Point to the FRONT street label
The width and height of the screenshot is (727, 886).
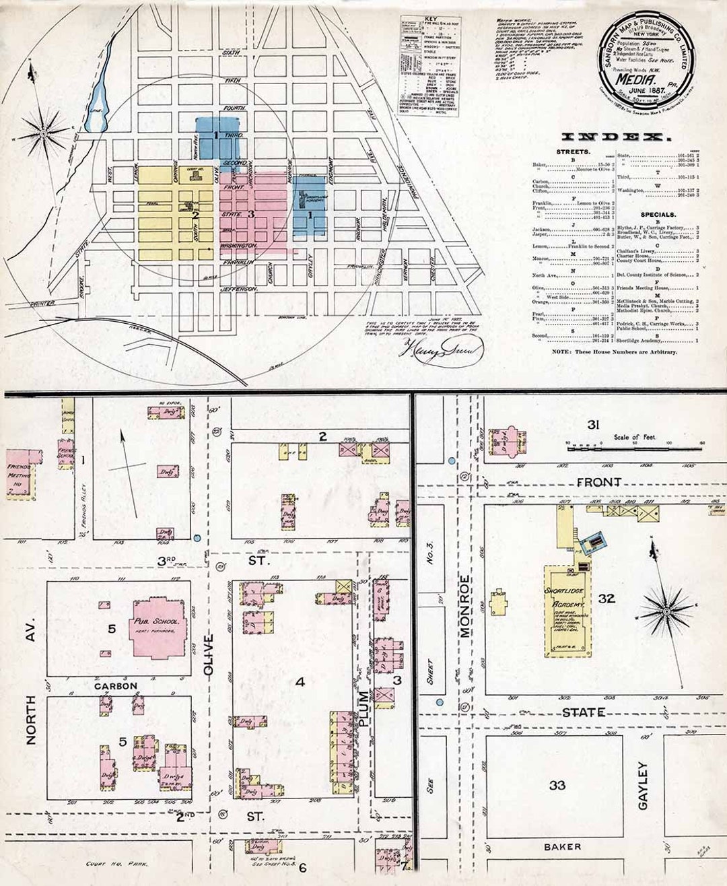point(598,482)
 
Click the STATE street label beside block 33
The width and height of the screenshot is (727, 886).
point(583,712)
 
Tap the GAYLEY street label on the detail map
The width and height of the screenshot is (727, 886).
point(642,786)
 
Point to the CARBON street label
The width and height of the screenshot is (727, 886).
point(116,686)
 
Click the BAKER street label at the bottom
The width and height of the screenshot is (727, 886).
point(562,846)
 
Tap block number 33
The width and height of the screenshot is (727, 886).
point(557,785)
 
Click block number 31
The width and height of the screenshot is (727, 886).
point(593,425)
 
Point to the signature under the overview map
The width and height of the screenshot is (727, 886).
point(443,349)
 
